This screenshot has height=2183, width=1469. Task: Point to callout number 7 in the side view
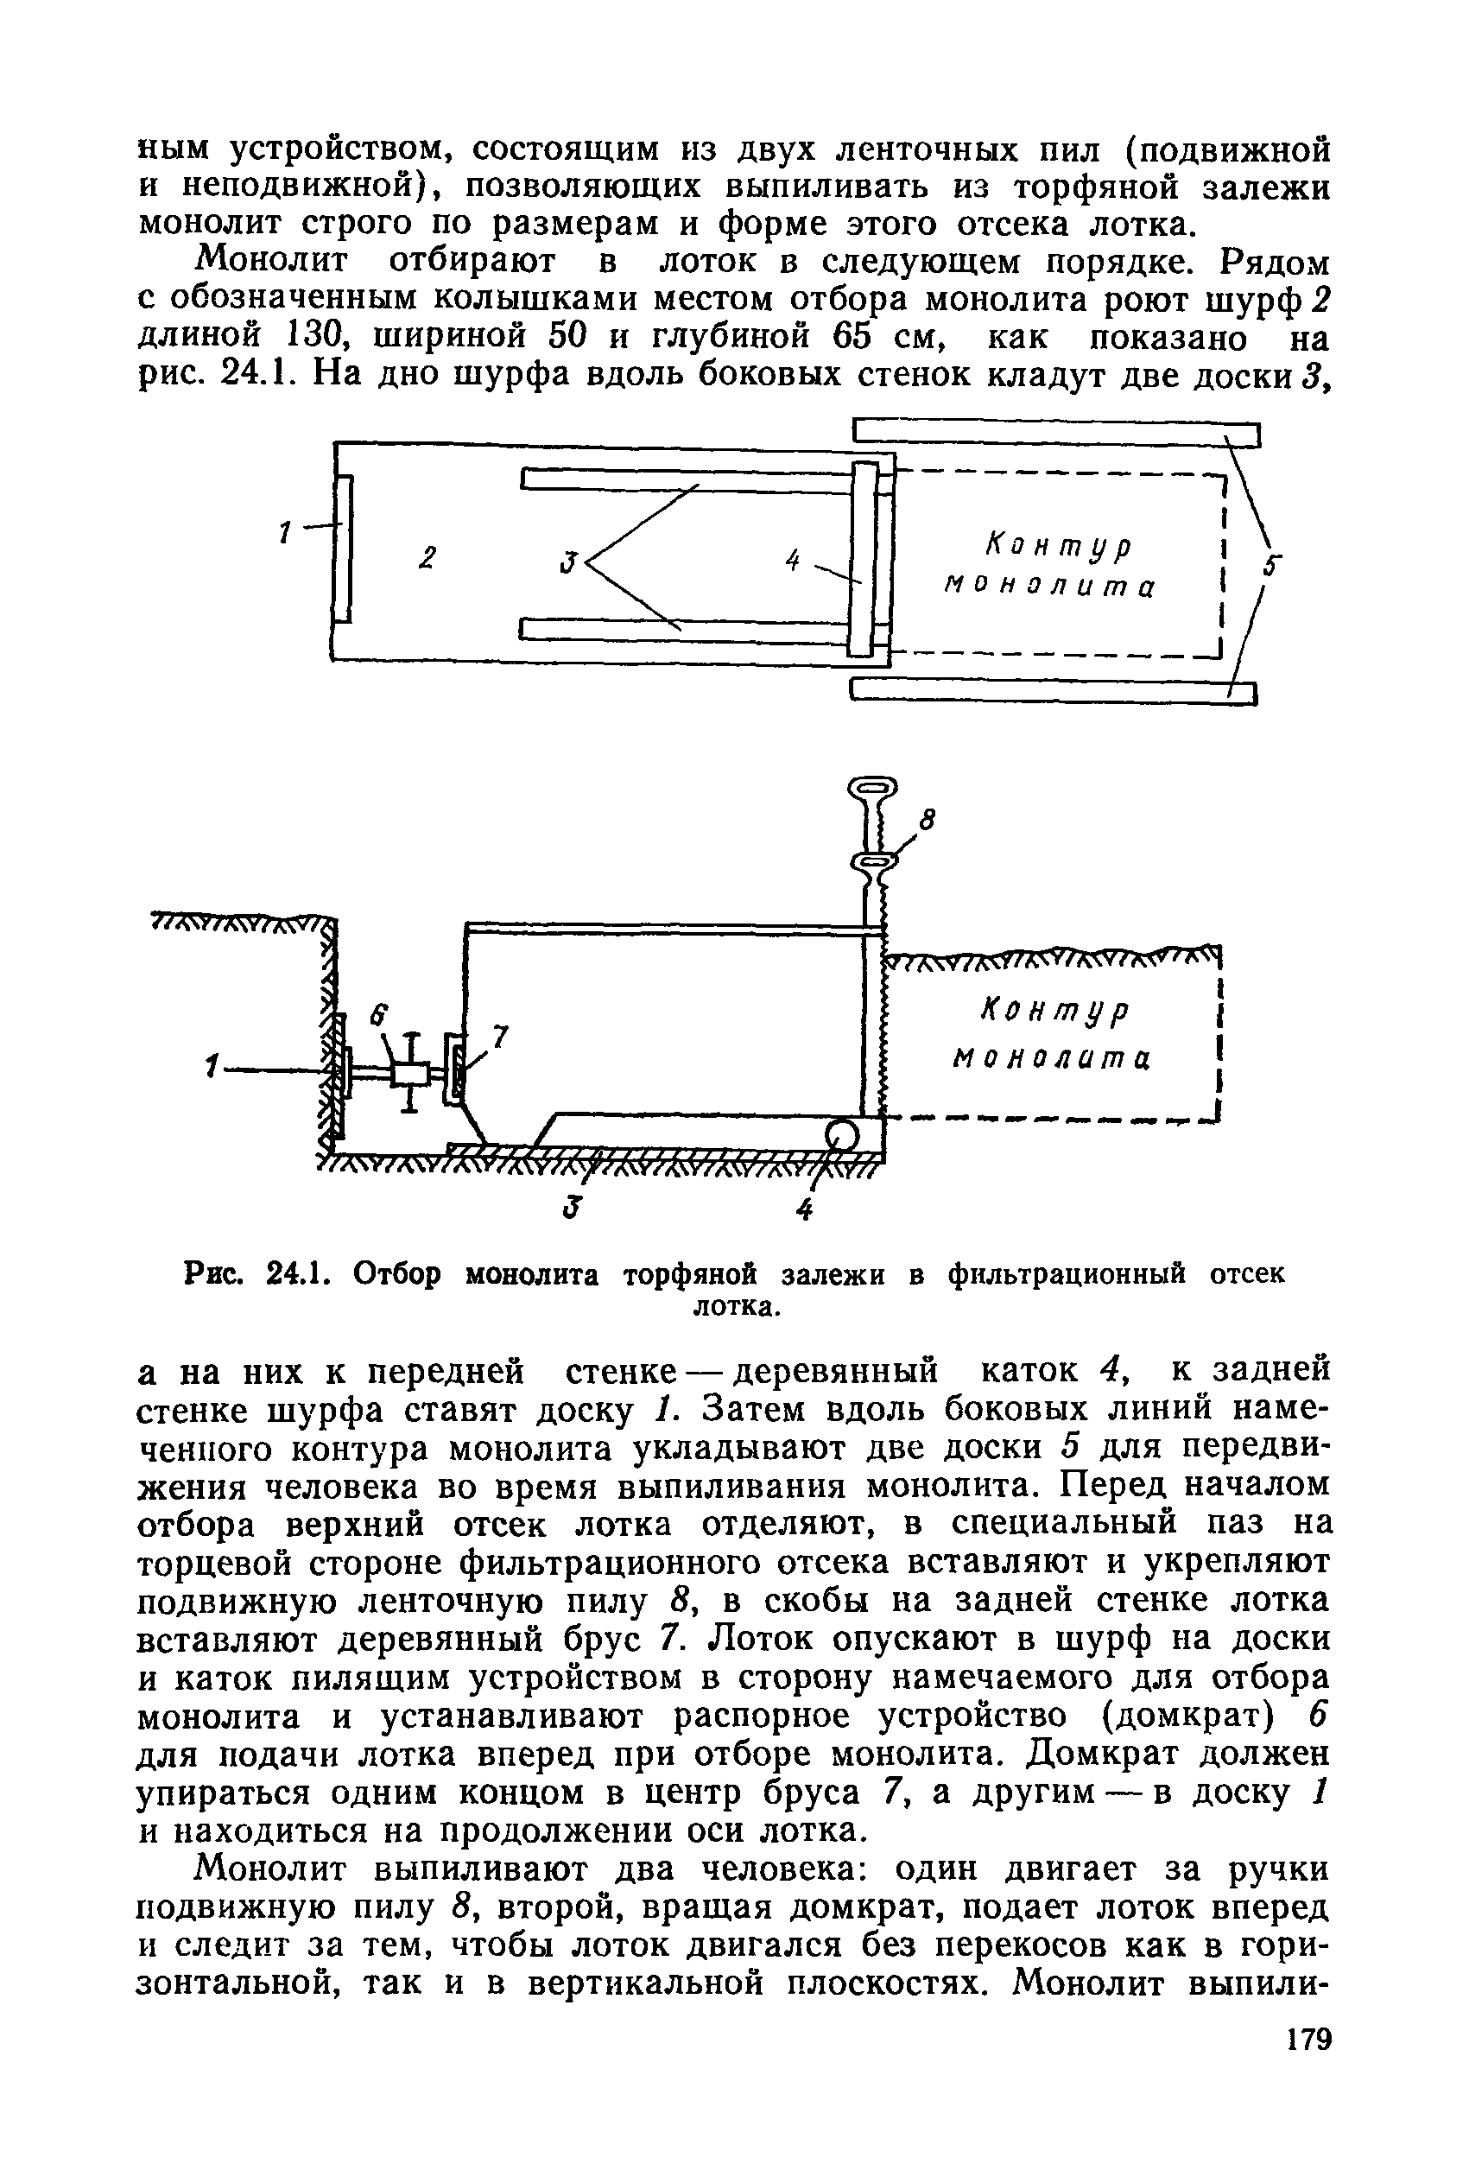[x=500, y=1037]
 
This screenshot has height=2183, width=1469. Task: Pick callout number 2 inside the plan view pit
[x=427, y=558]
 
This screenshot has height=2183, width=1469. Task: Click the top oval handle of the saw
[x=871, y=785]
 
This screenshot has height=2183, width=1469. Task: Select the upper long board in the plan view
[x=1057, y=433]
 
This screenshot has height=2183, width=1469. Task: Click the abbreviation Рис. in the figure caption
[x=213, y=1274]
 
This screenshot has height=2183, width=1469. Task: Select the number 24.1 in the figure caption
[x=296, y=1274]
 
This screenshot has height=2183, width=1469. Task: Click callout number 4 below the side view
[x=804, y=1210]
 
